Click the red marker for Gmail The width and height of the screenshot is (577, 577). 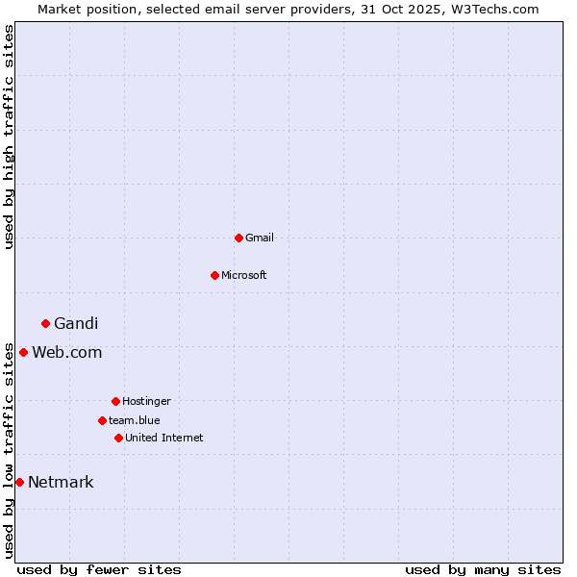pos(238,238)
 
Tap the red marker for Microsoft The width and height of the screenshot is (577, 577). pos(214,275)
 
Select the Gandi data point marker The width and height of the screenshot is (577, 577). pos(45,323)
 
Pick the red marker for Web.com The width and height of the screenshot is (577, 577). pos(23,352)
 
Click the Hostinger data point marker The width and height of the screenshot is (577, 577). pos(115,401)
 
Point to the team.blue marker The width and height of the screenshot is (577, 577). pos(102,420)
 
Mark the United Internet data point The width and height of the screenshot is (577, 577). pos(118,438)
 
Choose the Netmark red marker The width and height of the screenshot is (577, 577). pos(19,482)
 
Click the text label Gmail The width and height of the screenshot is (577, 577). pos(260,238)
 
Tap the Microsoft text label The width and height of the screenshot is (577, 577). pos(244,275)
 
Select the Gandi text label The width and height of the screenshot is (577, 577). pos(76,323)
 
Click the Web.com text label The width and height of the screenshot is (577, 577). pos(66,352)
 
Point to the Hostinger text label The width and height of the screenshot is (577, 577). pos(146,401)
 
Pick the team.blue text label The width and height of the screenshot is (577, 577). pos(135,420)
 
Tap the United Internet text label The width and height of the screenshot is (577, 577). pos(164,438)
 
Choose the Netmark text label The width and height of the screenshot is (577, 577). pos(61,482)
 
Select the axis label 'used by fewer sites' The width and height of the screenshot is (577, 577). pos(99,569)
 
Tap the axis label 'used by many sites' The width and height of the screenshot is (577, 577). pos(483,569)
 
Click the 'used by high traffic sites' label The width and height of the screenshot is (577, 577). pos(9,137)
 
